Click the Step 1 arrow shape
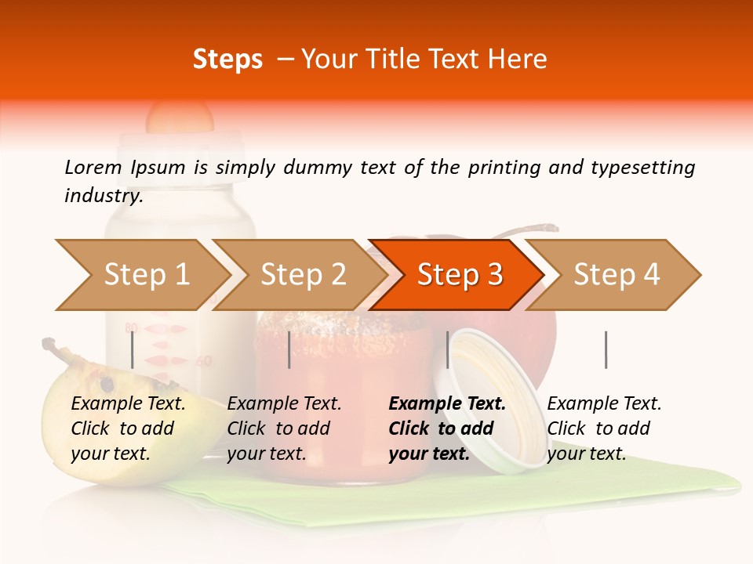pyautogui.click(x=141, y=275)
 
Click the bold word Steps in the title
pyautogui.click(x=227, y=60)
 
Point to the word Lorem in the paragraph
pyautogui.click(x=93, y=167)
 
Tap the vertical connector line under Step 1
pyautogui.click(x=133, y=349)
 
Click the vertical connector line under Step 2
pyautogui.click(x=289, y=349)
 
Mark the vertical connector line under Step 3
pyautogui.click(x=447, y=349)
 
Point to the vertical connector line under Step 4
pyautogui.click(x=606, y=349)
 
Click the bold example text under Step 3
pyautogui.click(x=447, y=428)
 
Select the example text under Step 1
pyautogui.click(x=128, y=428)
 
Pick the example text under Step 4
pyautogui.click(x=604, y=428)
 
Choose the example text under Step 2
pyautogui.click(x=284, y=428)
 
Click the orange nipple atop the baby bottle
pyautogui.click(x=180, y=116)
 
